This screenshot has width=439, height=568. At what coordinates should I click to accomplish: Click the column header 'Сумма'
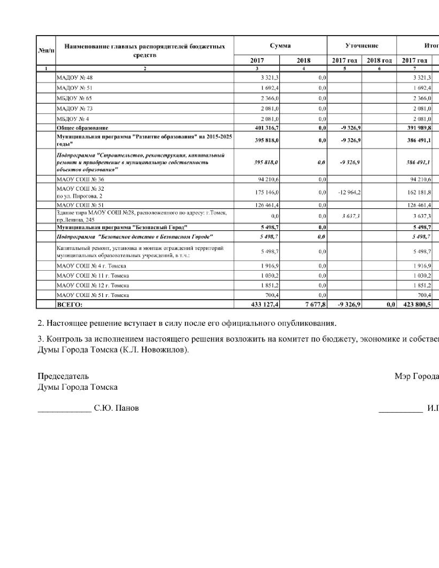[x=280, y=46]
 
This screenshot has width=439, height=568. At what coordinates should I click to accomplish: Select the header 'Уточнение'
[x=362, y=46]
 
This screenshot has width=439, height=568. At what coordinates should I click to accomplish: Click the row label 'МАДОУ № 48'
[x=75, y=78]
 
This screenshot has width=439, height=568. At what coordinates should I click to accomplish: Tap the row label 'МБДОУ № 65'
[x=74, y=98]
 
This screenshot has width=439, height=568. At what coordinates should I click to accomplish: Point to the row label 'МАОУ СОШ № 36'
[x=80, y=179]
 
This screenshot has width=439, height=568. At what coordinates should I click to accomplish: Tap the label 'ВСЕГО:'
[x=70, y=305]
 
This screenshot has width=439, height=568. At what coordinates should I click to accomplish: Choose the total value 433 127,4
[x=265, y=305]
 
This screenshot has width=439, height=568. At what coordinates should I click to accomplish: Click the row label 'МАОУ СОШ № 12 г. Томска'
[x=93, y=285]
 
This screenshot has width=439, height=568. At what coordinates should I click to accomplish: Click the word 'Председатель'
[x=63, y=376]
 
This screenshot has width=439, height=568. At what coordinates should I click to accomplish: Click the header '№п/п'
[x=46, y=51]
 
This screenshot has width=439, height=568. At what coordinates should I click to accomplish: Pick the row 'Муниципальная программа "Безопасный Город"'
[x=122, y=228]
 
